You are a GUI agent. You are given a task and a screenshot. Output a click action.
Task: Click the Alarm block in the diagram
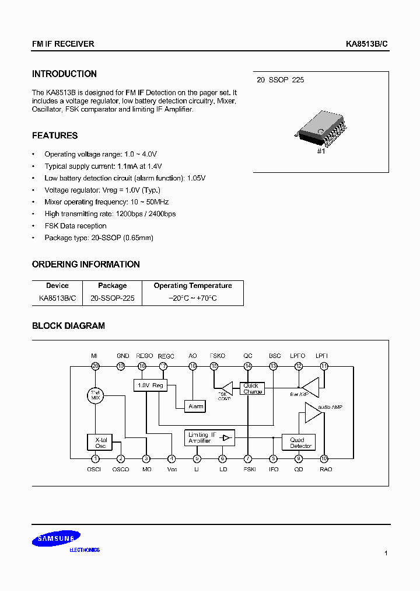[195, 406]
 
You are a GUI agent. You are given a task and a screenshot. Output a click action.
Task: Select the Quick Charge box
[253, 388]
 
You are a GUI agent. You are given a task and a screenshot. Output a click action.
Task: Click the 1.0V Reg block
[149, 385]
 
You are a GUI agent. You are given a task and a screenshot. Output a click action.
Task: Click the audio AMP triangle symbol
[313, 412]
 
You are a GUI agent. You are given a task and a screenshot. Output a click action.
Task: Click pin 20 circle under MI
[95, 366]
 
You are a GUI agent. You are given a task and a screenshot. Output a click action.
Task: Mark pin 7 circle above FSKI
[249, 458]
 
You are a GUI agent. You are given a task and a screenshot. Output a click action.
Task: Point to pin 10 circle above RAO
[324, 458]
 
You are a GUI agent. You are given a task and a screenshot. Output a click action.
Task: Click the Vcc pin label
[171, 469]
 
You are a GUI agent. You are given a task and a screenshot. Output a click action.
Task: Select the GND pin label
[123, 356]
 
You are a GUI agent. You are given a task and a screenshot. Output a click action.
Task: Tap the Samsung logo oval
[57, 540]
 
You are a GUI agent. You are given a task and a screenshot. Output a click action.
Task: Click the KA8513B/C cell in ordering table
[57, 298]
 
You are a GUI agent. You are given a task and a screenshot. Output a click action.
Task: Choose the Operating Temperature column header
[192, 286]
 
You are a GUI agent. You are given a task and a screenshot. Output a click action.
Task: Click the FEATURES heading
[55, 135]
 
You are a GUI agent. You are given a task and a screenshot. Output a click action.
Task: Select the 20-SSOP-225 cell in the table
[113, 298]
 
